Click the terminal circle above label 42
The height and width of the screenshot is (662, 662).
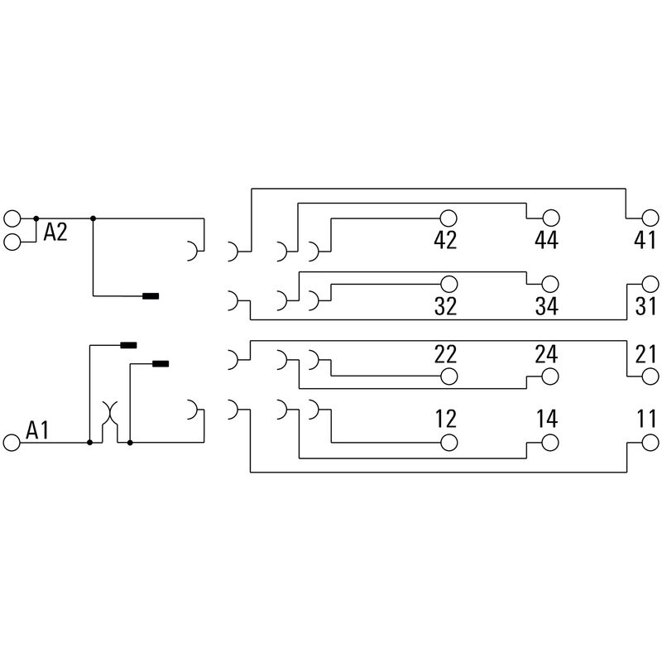click(x=449, y=218)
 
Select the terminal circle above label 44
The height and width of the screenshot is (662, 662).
click(x=550, y=218)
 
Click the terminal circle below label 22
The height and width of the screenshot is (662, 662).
click(x=449, y=377)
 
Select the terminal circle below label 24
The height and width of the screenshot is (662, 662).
click(x=550, y=377)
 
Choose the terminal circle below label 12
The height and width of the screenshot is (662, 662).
click(x=449, y=443)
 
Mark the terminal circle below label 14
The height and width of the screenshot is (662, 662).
click(x=550, y=443)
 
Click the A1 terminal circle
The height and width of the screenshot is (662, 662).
click(x=12, y=443)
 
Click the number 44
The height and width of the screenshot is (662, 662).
click(x=546, y=241)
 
